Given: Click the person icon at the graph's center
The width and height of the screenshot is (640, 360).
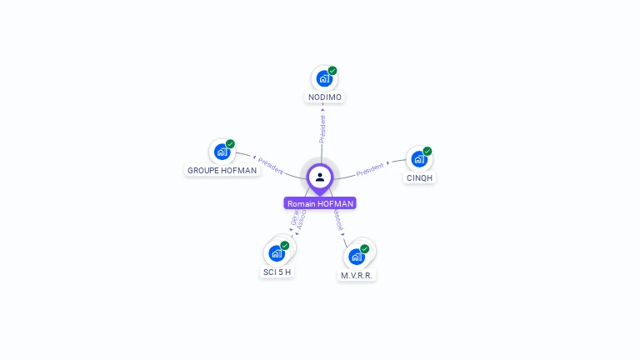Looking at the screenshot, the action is pos(320,177).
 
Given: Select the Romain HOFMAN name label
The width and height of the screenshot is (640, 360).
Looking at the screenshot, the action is pos(320,203).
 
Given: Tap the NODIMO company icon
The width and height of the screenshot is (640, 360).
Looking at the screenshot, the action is pos(324,78).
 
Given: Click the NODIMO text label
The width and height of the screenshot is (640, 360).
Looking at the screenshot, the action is pos(325,97).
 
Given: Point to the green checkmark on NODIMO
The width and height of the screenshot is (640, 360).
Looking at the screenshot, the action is pos(332,71).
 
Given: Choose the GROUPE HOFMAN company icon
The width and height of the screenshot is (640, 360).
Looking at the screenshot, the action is pos(222,152).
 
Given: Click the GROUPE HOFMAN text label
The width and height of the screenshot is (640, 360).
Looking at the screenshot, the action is pos(222,170).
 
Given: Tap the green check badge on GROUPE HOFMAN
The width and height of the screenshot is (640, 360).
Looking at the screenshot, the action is pos(230,144).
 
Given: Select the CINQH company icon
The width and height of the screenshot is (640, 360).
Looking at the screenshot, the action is pos(419,159).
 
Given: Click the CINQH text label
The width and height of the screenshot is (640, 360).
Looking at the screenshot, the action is pos(420,177).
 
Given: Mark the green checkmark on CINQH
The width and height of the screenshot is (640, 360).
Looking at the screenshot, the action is pos(427,152).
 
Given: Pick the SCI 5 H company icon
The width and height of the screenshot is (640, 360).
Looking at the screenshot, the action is pos(277,253).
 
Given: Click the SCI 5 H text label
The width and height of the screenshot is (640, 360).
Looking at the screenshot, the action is pos(277,272).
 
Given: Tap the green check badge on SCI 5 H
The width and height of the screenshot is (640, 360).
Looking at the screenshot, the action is pos(285,246).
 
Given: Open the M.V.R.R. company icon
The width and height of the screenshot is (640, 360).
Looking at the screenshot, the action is pos(357,257).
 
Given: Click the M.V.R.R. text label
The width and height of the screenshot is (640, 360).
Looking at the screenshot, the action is pos(357,275).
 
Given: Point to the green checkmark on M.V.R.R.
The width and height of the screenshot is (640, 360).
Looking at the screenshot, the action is pos(365,249).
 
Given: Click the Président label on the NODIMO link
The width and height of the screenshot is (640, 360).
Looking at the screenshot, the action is pos(322,128).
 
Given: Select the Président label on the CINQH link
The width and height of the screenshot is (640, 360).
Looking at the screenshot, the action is pos(370,169).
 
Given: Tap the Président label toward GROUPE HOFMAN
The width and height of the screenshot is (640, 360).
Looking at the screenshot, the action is pos(270,165).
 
